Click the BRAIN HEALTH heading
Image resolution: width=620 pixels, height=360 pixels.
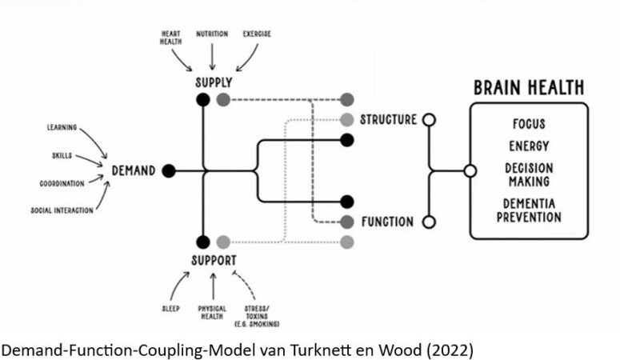click(x=529, y=87)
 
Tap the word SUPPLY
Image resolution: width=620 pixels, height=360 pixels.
click(x=213, y=82)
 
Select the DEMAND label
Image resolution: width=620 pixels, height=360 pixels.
click(x=134, y=170)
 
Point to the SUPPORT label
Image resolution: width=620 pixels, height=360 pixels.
click(x=215, y=261)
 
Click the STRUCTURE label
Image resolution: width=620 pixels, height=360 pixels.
click(x=388, y=120)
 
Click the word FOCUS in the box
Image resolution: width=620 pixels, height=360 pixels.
click(x=528, y=125)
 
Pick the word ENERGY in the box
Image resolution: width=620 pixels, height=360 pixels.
click(x=528, y=146)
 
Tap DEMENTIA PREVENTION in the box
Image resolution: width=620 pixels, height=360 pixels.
click(x=528, y=210)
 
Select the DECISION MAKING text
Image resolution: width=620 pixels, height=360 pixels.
click(x=528, y=175)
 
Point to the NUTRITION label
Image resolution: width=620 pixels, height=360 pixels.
click(x=213, y=35)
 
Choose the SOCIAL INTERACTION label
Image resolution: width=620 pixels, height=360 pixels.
click(x=62, y=210)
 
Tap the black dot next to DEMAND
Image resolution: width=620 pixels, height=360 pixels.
click(x=169, y=170)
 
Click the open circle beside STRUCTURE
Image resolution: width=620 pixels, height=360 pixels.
click(x=429, y=120)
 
